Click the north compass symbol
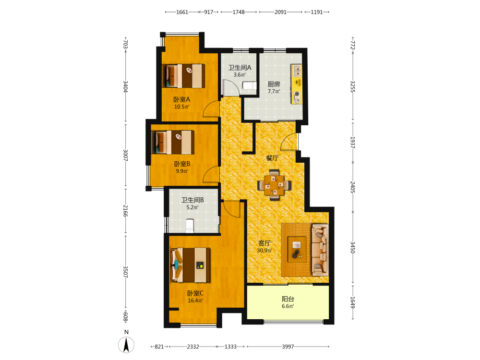126,345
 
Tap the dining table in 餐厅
274,185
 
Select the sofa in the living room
320,250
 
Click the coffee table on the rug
297,249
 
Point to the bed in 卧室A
183,76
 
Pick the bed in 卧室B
173,143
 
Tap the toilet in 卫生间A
249,85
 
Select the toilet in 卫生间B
190,226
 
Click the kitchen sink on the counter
296,71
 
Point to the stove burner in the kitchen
296,94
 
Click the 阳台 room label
288,299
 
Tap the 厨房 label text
274,84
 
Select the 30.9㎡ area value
264,251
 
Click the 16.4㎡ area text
195,300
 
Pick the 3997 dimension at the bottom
288,347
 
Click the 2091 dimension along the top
280,12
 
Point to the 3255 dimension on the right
352,86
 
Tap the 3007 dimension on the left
125,155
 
